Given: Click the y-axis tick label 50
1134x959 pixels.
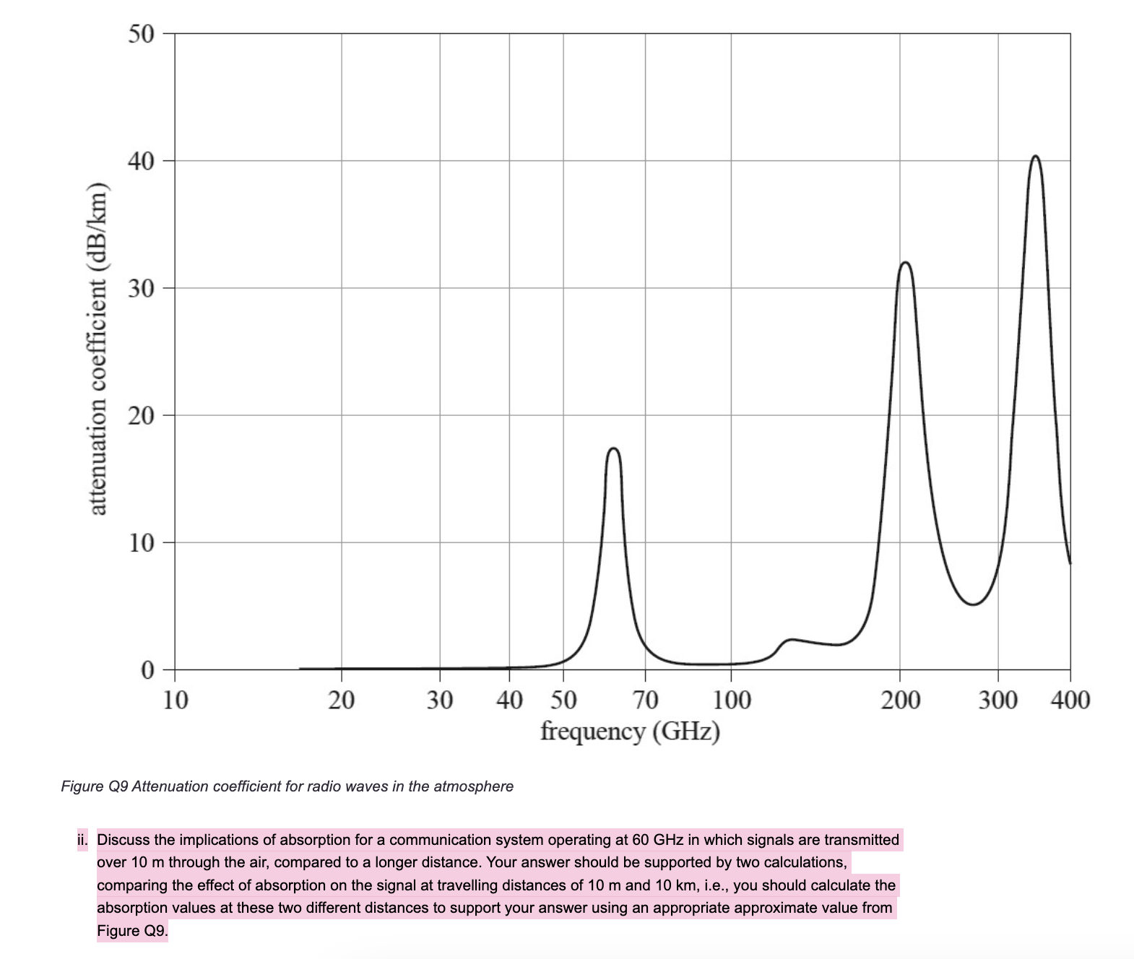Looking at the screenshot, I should click(142, 34).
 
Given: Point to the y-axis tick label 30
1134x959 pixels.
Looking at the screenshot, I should click(142, 289).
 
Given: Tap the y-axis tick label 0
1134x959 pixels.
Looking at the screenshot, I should click(147, 670).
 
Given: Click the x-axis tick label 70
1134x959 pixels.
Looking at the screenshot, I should click(645, 700).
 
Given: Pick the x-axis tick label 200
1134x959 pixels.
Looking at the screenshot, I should click(900, 700).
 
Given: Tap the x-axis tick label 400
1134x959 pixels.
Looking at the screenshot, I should click(1070, 700).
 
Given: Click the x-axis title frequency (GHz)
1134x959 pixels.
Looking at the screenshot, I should click(631, 731).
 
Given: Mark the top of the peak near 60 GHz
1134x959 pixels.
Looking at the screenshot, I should click(614, 448).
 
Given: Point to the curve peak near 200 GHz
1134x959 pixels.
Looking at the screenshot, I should click(905, 262).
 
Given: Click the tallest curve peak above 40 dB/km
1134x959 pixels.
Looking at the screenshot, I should click(1036, 156).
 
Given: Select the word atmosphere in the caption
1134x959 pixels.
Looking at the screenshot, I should click(475, 786).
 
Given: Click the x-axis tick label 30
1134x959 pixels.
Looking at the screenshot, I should click(439, 700).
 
